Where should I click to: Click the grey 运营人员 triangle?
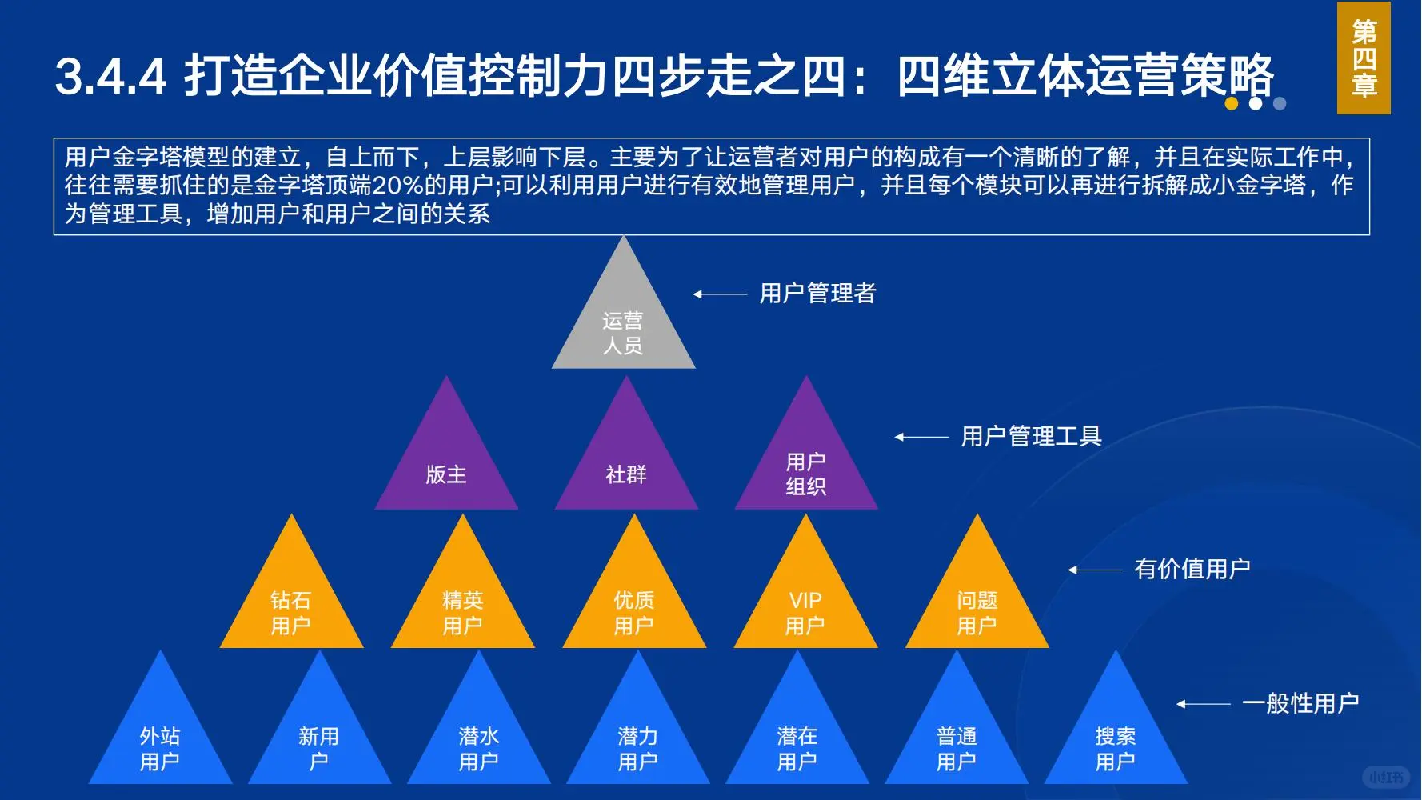click(x=623, y=328)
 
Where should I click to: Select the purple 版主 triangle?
click(x=446, y=468)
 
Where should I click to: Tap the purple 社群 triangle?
click(x=626, y=468)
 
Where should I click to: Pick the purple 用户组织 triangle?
click(x=805, y=468)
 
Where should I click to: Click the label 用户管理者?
click(x=817, y=294)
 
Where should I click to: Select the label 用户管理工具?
click(x=1031, y=437)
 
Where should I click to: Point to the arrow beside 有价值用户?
click(x=1096, y=570)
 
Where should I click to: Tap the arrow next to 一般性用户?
click(x=1203, y=705)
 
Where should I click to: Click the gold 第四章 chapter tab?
click(x=1364, y=58)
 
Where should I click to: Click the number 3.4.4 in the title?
click(x=110, y=77)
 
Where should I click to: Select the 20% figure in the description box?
click(x=397, y=186)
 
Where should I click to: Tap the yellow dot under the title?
click(x=1232, y=104)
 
